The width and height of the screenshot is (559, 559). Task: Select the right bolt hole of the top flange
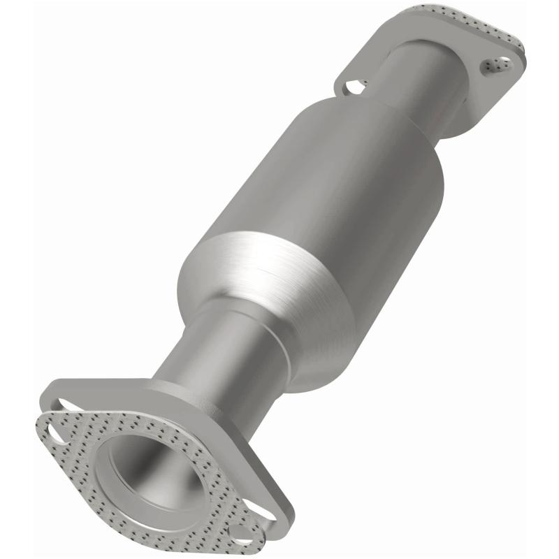click(494, 66)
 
